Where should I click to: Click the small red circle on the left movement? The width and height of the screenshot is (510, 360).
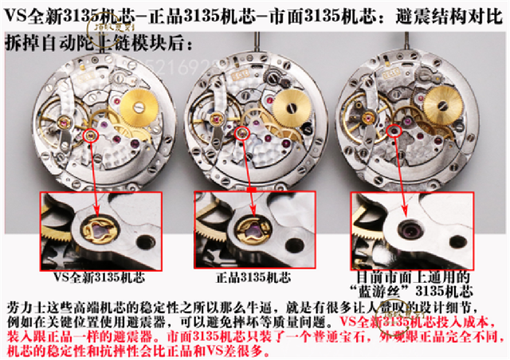click(x=94, y=136)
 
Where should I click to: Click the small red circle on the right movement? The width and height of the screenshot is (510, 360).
click(x=394, y=130)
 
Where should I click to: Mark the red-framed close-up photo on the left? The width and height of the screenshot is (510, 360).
click(x=98, y=230)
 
